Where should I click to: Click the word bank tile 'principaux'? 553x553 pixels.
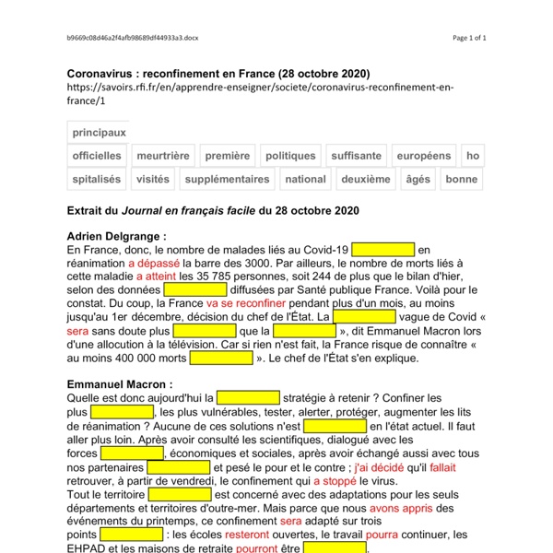point(99,133)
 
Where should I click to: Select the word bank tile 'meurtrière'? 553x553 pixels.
point(163,156)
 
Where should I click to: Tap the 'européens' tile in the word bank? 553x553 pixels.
point(424,156)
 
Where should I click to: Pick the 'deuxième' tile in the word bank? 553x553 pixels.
point(365,179)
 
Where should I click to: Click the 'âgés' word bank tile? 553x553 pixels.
point(418,179)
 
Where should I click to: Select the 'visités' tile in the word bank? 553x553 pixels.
point(152,179)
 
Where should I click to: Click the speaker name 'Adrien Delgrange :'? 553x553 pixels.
point(117,236)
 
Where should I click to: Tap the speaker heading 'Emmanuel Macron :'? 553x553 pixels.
point(120,383)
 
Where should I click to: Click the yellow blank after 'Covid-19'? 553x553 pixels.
point(382,250)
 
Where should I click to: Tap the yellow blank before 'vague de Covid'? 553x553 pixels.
point(363,316)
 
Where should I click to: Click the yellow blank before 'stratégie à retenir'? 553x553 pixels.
point(248,397)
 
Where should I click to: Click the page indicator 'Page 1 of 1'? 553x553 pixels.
point(469,38)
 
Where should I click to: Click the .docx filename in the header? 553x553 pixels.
point(133,38)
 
